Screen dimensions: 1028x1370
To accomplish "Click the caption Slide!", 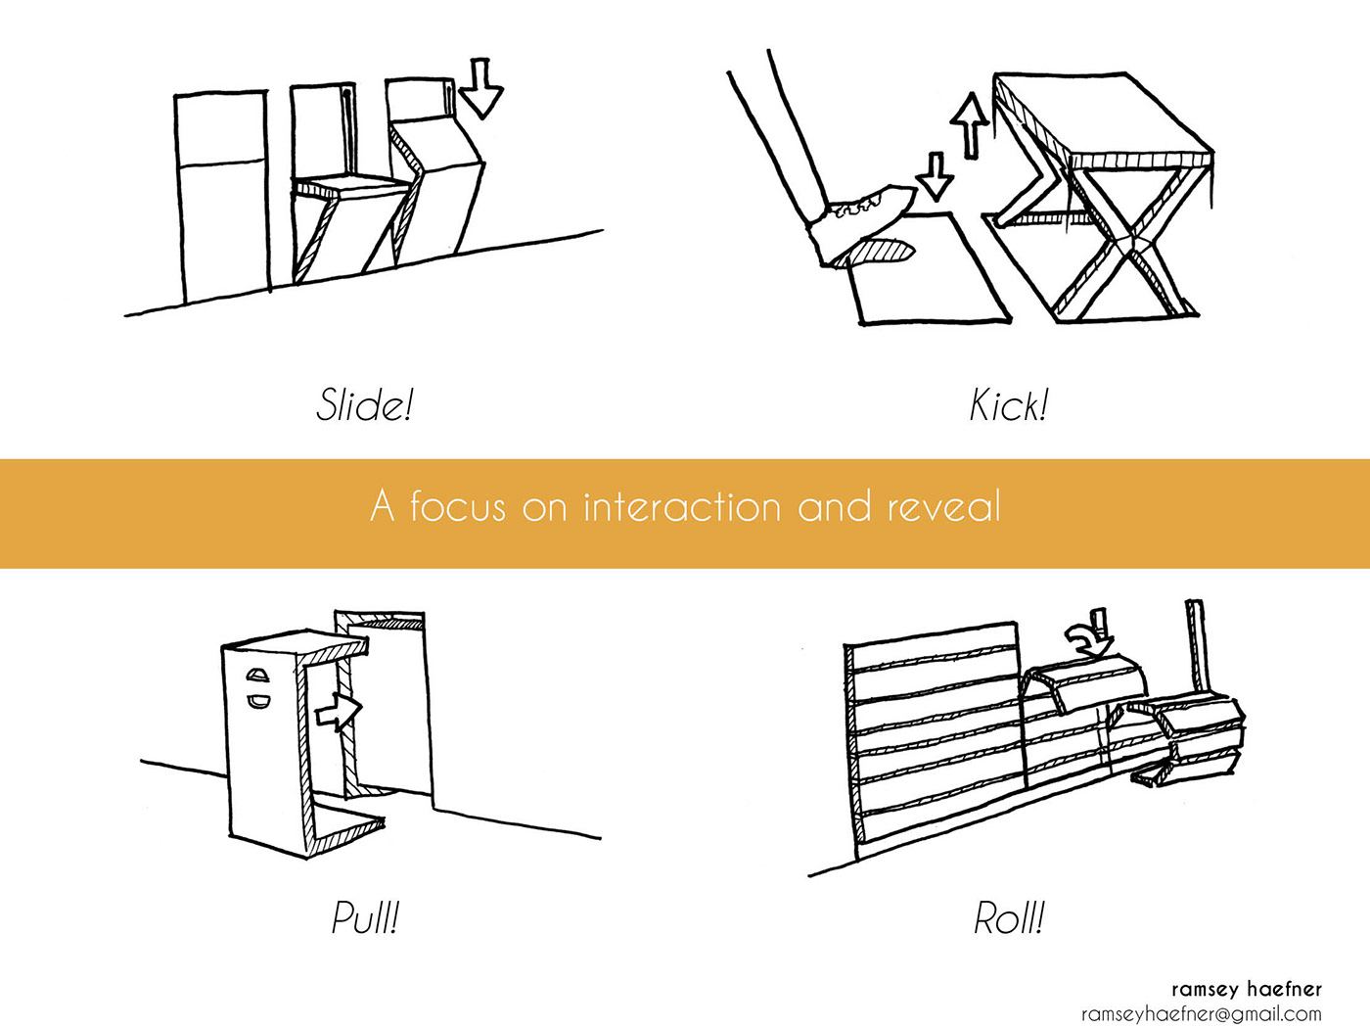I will tap(365, 404).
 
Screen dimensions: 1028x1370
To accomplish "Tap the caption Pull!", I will tap(365, 917).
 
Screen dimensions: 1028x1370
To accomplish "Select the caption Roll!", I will tap(1009, 918).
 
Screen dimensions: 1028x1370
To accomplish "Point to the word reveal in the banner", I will tap(944, 507).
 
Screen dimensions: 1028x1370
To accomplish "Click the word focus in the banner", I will tap(458, 507).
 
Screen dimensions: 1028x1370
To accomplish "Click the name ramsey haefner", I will tap(1246, 989).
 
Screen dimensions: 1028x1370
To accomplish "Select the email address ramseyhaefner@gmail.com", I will tap(1202, 1014).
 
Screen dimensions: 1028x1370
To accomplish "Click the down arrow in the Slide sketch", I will tap(480, 88).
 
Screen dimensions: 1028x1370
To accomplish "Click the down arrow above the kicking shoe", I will tap(936, 177).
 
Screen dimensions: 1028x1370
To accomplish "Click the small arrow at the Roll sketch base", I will tap(1152, 774).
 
